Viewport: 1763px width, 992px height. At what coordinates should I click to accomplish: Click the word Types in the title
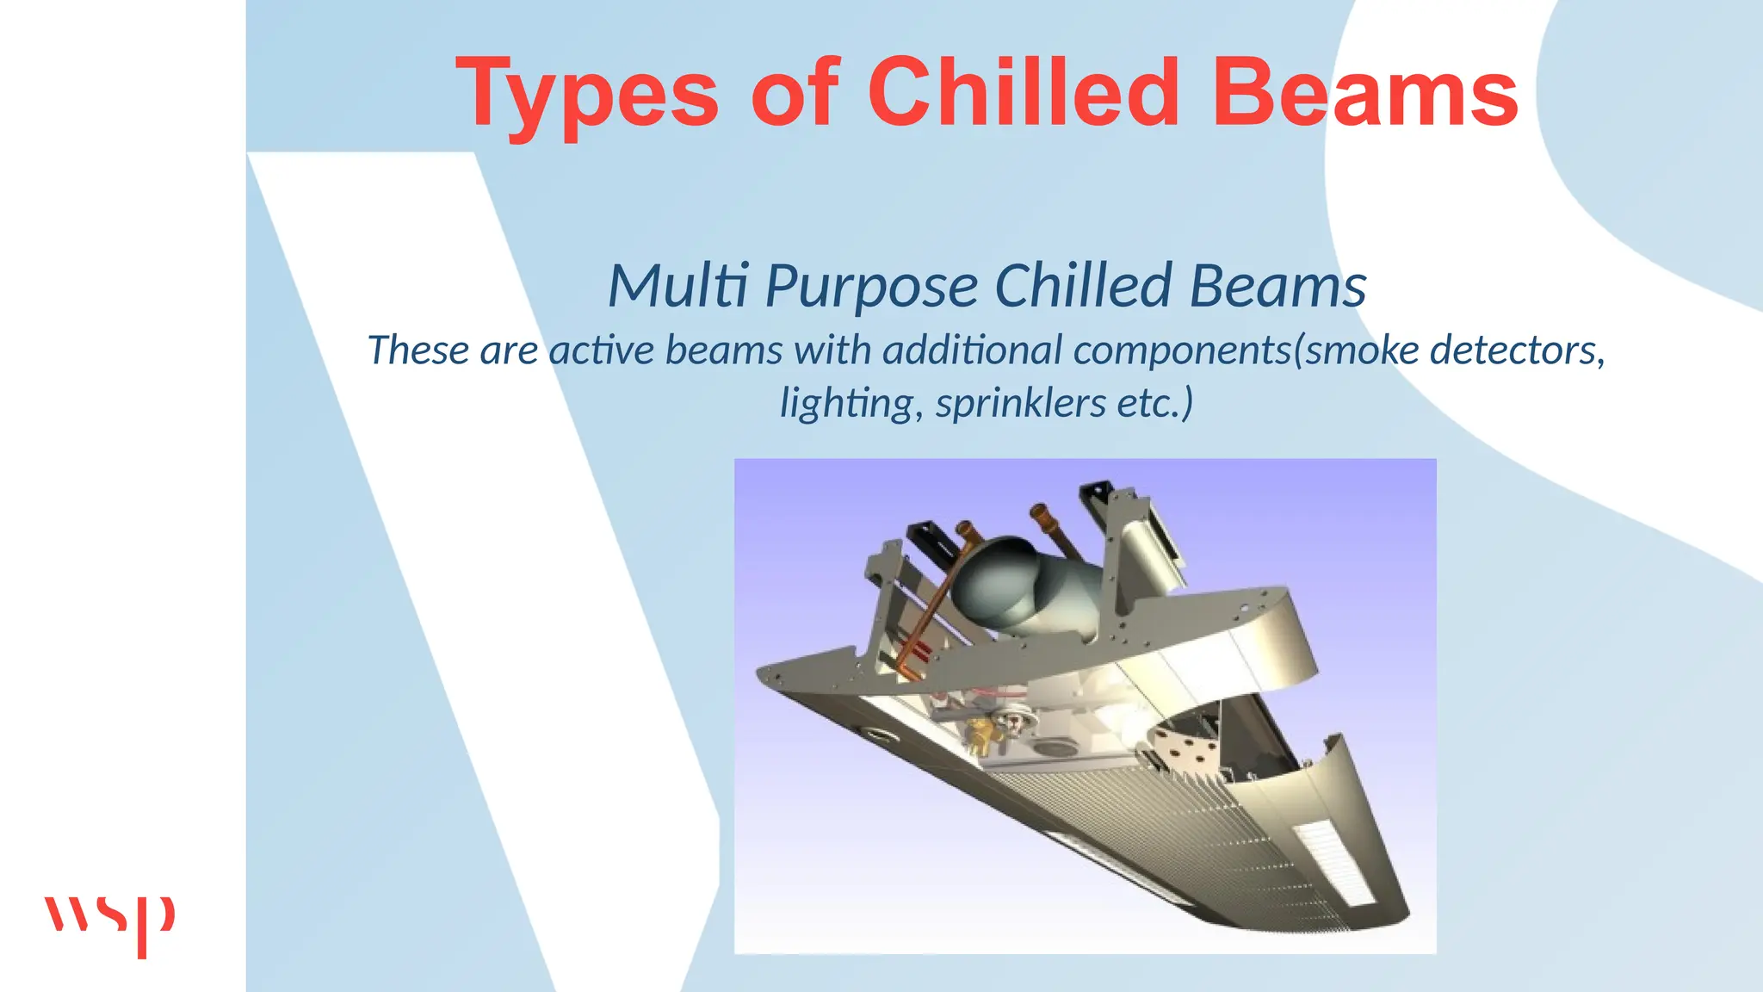pyautogui.click(x=587, y=93)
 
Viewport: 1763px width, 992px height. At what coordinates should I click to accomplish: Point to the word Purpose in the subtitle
pyautogui.click(x=871, y=287)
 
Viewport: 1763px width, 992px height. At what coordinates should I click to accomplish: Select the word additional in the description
pyautogui.click(x=973, y=350)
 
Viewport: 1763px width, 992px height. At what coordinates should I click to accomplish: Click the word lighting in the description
pyautogui.click(x=846, y=403)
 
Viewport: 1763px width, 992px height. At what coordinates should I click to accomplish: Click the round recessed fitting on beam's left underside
pyautogui.click(x=879, y=734)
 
